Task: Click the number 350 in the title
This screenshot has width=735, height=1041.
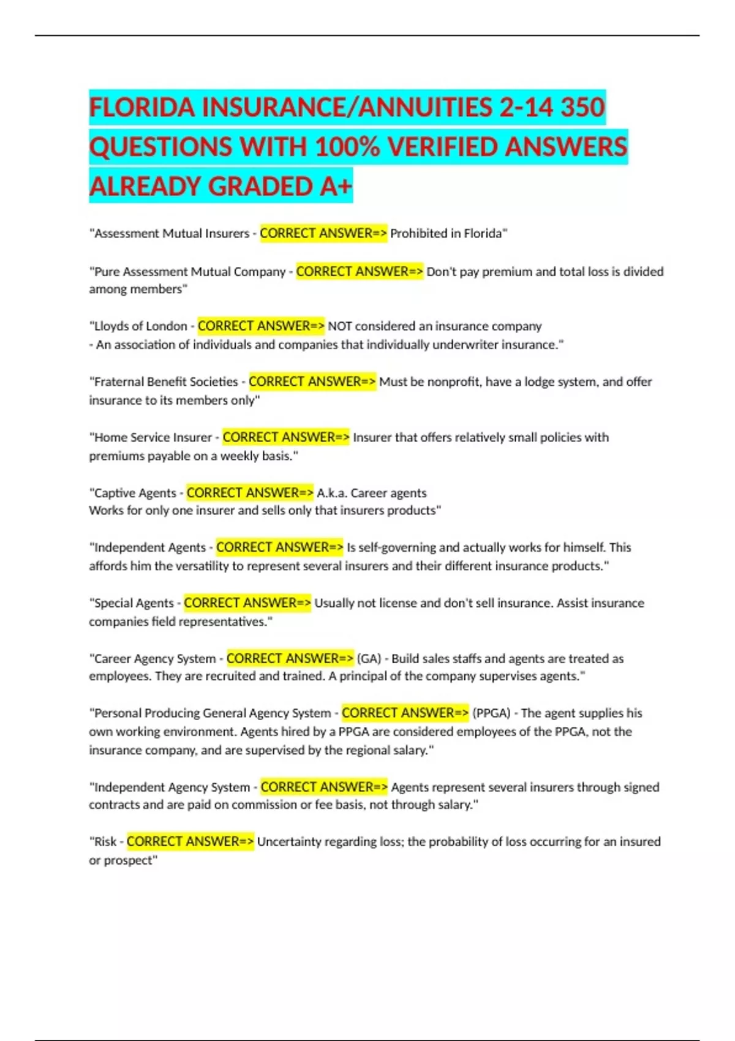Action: coord(582,107)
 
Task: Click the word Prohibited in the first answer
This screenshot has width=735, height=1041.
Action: coord(418,233)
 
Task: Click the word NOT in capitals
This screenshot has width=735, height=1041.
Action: coord(339,326)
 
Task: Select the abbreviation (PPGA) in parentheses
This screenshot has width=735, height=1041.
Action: coord(491,713)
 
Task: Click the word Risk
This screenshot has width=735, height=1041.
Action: coord(105,842)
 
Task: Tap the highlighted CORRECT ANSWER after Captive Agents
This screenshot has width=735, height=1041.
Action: coord(250,493)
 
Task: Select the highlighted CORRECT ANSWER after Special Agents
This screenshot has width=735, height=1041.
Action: coord(247,603)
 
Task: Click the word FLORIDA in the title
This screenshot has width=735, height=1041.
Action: coord(142,107)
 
